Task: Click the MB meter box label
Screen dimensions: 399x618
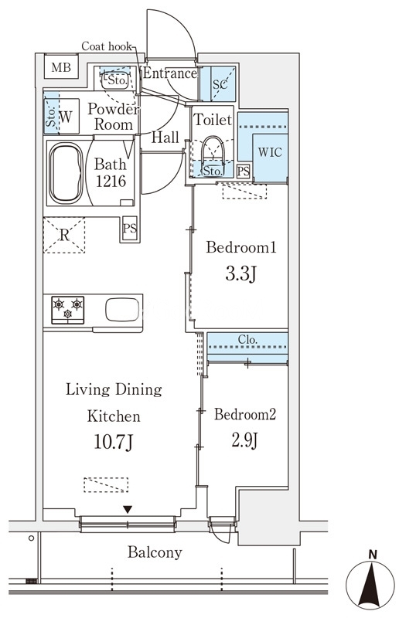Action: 61,67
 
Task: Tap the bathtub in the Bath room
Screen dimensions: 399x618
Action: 66,172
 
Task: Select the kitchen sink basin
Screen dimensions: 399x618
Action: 122,310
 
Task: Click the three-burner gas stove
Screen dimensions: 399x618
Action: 67,310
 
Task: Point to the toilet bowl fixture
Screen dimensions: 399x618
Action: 213,151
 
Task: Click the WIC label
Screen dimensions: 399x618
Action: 270,151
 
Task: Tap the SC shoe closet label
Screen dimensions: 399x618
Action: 220,84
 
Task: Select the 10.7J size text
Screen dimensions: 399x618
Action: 113,442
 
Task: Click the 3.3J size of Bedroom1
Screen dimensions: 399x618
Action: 241,273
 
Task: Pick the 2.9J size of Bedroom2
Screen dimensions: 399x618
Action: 244,440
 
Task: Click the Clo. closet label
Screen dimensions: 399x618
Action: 247,339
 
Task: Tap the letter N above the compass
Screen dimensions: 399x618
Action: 373,555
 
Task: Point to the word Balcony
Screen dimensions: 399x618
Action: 155,552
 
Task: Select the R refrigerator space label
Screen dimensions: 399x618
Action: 64,236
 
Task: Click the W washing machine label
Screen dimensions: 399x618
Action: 66,117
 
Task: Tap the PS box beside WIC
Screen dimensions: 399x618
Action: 244,171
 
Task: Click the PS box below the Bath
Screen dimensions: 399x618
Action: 130,228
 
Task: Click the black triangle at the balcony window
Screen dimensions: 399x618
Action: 127,510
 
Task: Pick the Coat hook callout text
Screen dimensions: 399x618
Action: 107,46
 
